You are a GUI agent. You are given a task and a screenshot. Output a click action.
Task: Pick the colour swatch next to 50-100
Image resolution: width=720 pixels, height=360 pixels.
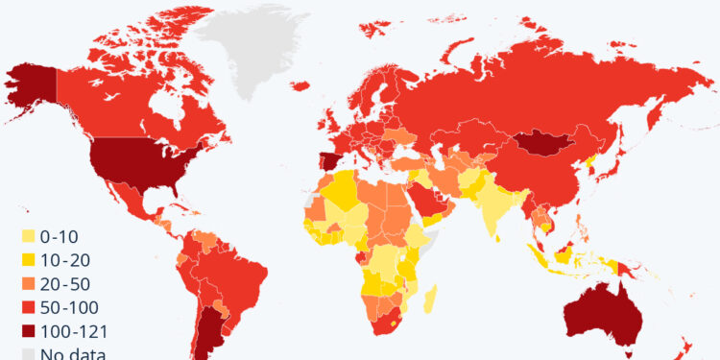29,308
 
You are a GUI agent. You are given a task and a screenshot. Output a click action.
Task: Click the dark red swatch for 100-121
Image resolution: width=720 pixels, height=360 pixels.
29,332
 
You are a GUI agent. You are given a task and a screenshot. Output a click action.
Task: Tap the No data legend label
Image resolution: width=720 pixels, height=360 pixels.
72,353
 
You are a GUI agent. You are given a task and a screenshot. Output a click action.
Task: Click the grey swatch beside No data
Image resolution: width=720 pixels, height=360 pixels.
29,353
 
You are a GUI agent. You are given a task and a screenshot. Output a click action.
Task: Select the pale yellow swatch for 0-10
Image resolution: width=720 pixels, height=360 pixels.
29,235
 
